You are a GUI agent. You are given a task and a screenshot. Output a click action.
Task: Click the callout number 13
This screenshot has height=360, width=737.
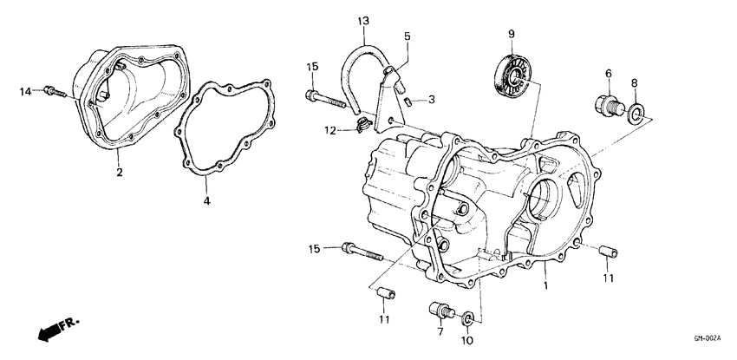pyautogui.click(x=362, y=20)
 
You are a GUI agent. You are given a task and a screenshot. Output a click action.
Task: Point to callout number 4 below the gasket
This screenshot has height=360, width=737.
pyautogui.click(x=206, y=201)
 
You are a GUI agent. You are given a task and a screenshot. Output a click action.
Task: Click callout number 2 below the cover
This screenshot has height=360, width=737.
pyautogui.click(x=120, y=172)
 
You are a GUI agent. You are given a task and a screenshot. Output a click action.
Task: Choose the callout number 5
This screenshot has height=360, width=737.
pyautogui.click(x=407, y=36)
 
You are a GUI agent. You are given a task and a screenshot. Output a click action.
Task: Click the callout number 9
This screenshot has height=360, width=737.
pyautogui.click(x=511, y=34)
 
